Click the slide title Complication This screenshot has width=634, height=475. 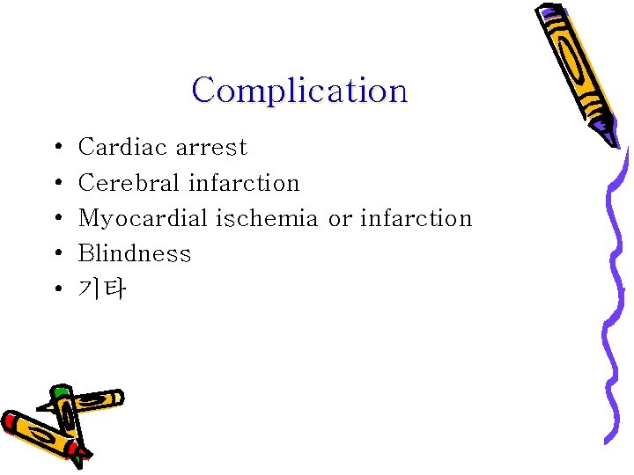[x=299, y=90]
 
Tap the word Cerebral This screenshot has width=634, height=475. [x=129, y=183]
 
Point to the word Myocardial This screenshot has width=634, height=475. [x=144, y=218]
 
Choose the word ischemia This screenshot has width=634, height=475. [x=268, y=218]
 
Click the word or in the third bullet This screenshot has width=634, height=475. [x=340, y=219]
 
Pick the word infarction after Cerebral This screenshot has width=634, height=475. [x=244, y=183]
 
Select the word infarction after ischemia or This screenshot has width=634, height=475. [x=417, y=218]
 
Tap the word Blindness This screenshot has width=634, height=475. [x=134, y=253]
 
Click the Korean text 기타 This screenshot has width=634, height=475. [x=102, y=289]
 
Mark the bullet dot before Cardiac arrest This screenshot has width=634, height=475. [x=56, y=148]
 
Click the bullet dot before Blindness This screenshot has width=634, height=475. [x=56, y=254]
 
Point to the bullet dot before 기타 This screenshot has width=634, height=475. [x=56, y=289]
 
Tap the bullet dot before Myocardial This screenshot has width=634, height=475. [x=56, y=219]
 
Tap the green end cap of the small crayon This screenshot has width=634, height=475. [x=60, y=391]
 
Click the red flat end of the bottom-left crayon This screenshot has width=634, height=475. [x=10, y=420]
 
